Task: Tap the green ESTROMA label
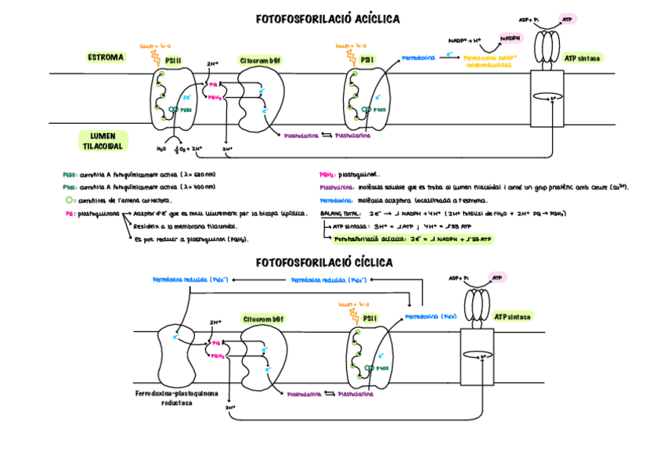[x=106, y=57]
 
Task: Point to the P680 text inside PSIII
[x=186, y=110]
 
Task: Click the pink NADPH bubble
[x=510, y=38]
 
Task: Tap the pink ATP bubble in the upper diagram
[x=567, y=18]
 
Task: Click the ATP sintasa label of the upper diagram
[x=583, y=58]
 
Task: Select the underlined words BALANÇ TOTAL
[x=341, y=213]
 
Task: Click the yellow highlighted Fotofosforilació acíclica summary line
[x=412, y=239]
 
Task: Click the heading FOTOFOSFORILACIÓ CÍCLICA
[x=324, y=262]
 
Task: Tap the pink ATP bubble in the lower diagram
[x=496, y=277]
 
